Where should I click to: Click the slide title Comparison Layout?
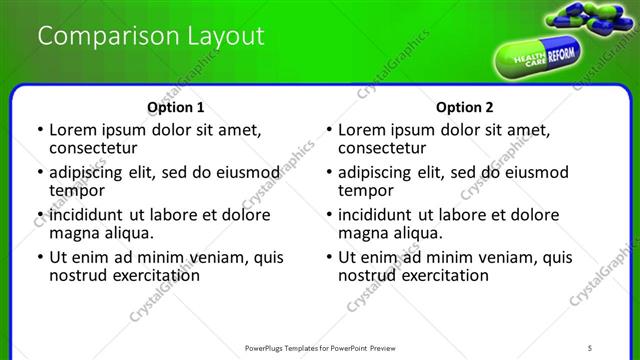pos(150,37)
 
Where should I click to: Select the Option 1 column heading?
pos(176,107)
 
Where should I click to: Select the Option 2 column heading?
pos(465,107)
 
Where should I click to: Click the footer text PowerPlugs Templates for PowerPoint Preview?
pos(331,346)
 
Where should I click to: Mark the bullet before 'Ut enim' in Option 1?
pos(39,257)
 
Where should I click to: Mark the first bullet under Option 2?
pos(328,131)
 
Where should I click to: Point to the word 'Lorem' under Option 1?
pos(75,130)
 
